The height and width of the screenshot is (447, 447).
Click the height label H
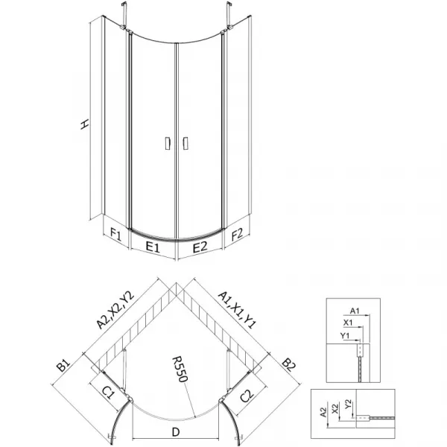(x=84, y=124)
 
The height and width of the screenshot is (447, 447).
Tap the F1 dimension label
(x=115, y=235)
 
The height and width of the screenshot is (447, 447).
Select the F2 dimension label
(x=237, y=235)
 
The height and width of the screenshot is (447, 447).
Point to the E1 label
(x=153, y=247)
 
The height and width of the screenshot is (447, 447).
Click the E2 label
(x=200, y=247)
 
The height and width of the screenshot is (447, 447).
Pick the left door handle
(x=168, y=143)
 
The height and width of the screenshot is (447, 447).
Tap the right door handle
(x=186, y=143)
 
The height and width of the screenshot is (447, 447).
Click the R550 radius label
(x=180, y=369)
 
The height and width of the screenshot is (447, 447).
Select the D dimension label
(x=176, y=432)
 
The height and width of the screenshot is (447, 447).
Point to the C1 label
(x=108, y=394)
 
